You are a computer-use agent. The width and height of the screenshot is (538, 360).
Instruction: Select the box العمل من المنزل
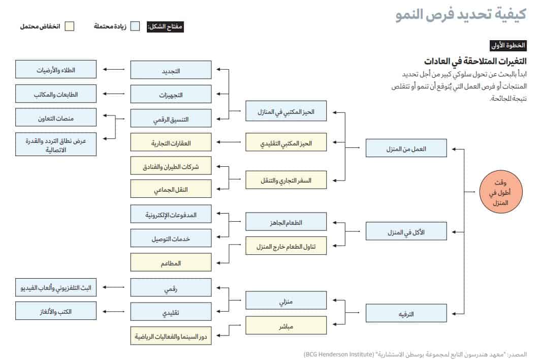(x=406, y=148)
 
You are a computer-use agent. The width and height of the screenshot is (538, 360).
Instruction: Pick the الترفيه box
(x=406, y=314)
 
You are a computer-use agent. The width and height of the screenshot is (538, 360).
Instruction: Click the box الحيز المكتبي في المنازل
(x=286, y=111)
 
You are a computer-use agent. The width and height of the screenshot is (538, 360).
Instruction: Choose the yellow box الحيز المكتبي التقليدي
(x=286, y=143)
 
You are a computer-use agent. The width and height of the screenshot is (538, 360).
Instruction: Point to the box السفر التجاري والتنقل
(x=286, y=180)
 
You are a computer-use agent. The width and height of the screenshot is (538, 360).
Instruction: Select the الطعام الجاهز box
(x=286, y=222)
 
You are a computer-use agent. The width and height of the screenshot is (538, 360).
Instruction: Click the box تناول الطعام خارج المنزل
(x=286, y=246)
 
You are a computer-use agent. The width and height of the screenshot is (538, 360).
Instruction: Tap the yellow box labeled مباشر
(x=286, y=325)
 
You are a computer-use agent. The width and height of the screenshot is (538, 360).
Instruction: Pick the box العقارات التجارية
(x=171, y=143)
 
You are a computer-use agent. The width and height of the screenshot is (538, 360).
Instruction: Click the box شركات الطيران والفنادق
(x=171, y=166)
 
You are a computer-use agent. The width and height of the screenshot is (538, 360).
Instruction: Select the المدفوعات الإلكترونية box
(x=171, y=215)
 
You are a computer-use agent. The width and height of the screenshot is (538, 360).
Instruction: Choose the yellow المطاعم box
(x=171, y=262)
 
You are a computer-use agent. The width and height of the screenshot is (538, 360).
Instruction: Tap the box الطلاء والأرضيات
(x=56, y=70)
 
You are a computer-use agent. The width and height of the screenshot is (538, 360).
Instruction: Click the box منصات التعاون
(x=56, y=117)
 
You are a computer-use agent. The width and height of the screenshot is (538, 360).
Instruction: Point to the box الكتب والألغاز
(x=56, y=310)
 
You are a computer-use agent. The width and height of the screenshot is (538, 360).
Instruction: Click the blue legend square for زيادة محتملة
(x=135, y=26)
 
